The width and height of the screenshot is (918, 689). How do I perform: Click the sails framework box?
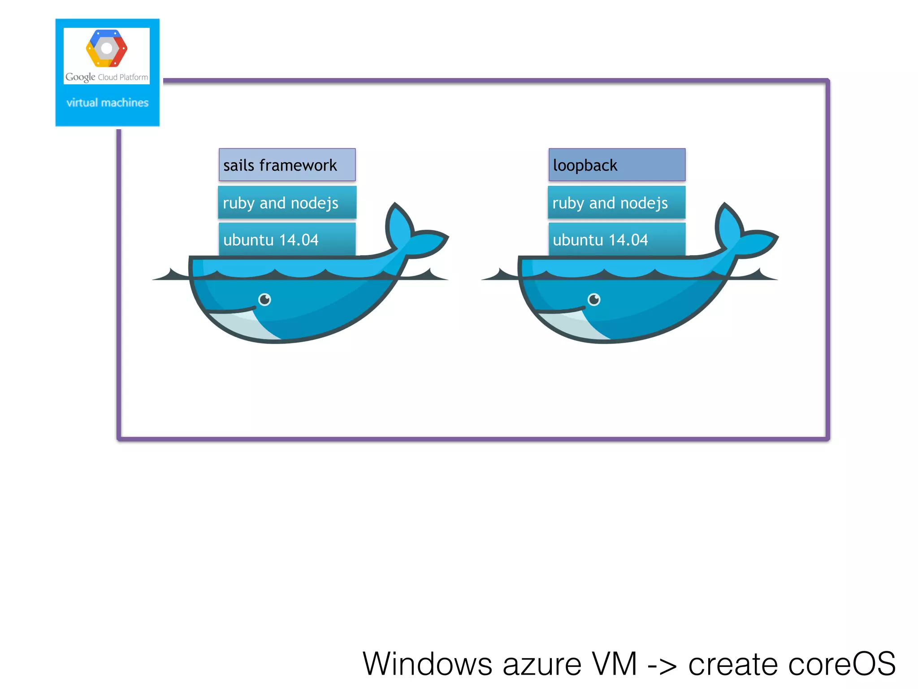click(x=287, y=165)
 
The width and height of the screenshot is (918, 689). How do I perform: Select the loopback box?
click(x=617, y=165)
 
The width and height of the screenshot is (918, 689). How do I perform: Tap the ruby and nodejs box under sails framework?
click(x=287, y=203)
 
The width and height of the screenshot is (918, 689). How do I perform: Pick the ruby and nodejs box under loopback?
click(x=617, y=203)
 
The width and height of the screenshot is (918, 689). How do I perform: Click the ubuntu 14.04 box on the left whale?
click(x=287, y=240)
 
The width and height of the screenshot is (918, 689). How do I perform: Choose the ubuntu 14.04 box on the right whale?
click(x=617, y=240)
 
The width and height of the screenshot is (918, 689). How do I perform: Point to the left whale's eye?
click(x=265, y=299)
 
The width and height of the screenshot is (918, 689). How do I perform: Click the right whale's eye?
click(x=594, y=299)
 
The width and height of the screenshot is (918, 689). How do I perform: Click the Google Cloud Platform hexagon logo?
click(x=107, y=48)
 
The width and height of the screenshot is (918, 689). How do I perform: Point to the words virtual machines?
click(x=107, y=103)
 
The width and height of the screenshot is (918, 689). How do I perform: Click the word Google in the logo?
click(x=80, y=77)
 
